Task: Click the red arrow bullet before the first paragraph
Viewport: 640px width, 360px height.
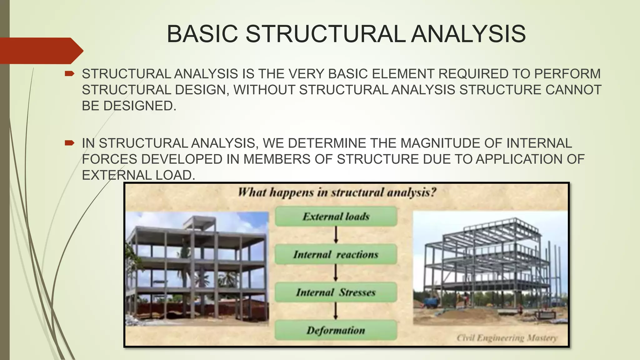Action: (69, 74)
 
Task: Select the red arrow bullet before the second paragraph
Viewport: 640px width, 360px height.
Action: (69, 143)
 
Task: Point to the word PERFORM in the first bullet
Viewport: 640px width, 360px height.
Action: (567, 74)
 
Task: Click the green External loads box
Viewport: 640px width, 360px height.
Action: (336, 217)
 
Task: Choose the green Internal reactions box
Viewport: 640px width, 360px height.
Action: (336, 254)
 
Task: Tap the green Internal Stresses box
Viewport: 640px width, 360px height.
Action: (336, 292)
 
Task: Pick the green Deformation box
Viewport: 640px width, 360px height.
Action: (336, 330)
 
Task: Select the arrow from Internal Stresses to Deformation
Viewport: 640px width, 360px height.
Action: (336, 311)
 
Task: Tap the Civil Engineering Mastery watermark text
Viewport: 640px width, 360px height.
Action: (507, 338)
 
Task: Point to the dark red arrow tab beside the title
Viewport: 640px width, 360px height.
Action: (41, 51)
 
